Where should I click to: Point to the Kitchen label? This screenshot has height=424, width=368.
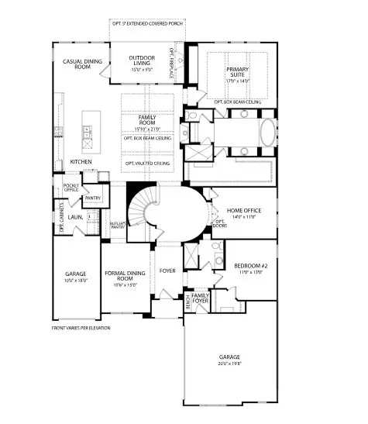pyautogui.click(x=81, y=161)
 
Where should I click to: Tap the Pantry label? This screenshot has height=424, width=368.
pyautogui.click(x=93, y=198)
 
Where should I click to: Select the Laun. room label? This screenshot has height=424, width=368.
pyautogui.click(x=76, y=218)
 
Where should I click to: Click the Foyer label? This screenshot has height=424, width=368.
pyautogui.click(x=167, y=271)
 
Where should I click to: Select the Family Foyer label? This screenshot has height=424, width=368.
pyautogui.click(x=201, y=299)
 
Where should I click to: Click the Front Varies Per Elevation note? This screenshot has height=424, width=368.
pyautogui.click(x=81, y=328)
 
